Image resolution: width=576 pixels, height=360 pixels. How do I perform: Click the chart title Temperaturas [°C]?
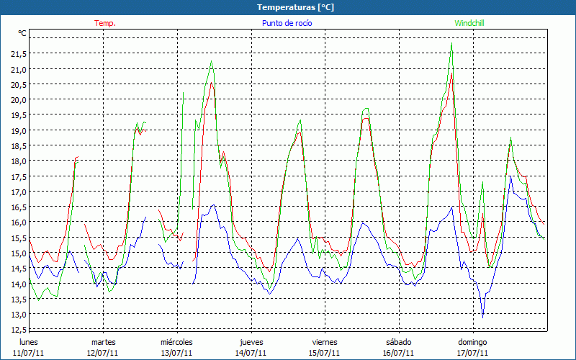click(295, 7)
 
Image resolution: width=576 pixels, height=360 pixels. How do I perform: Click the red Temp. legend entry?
click(105, 23)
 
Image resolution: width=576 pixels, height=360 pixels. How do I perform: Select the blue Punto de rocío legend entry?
click(287, 23)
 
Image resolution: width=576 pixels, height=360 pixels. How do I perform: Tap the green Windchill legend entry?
click(469, 23)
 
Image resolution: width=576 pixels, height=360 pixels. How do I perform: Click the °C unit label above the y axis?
click(22, 33)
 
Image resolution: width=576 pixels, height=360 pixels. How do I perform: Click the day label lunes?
click(29, 342)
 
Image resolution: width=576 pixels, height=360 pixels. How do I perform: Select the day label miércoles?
click(176, 342)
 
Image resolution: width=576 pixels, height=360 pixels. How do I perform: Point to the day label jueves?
click(251, 343)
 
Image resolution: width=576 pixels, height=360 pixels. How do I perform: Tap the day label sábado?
click(399, 342)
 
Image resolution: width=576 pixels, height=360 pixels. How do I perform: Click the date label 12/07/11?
click(102, 353)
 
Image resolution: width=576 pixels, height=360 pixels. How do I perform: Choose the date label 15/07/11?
click(325, 353)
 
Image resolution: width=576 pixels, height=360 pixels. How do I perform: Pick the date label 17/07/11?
click(472, 353)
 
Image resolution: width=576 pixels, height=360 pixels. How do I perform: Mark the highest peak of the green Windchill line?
click(451, 43)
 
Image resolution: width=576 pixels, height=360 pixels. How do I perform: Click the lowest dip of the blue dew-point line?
click(482, 318)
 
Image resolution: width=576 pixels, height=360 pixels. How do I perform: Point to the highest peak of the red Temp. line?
click(451, 73)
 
